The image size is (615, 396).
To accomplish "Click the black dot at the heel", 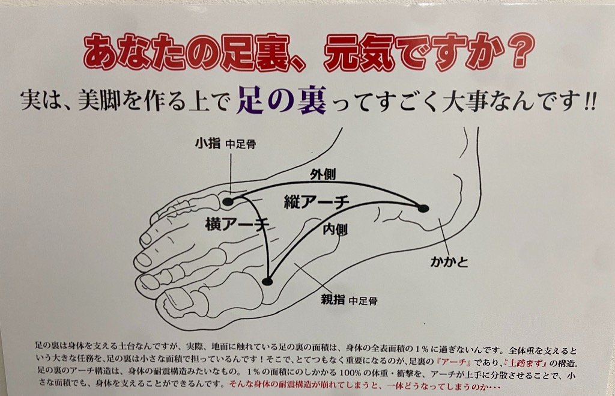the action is click(423, 208).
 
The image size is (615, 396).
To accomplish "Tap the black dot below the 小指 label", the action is click(228, 202).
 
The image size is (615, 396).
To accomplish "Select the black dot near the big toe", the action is click(267, 281).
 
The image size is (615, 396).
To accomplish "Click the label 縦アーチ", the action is click(317, 202).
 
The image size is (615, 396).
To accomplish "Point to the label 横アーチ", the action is click(237, 224).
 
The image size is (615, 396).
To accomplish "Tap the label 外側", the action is click(323, 174).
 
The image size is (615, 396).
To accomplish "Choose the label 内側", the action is click(335, 229).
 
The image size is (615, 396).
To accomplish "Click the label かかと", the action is click(449, 261).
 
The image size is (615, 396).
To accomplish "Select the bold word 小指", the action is click(208, 143).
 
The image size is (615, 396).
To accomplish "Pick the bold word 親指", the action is click(333, 299).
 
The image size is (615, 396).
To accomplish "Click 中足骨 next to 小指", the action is click(241, 144).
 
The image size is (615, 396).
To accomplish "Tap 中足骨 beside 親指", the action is click(363, 301).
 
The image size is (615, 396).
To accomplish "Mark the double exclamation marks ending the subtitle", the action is click(590, 102).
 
